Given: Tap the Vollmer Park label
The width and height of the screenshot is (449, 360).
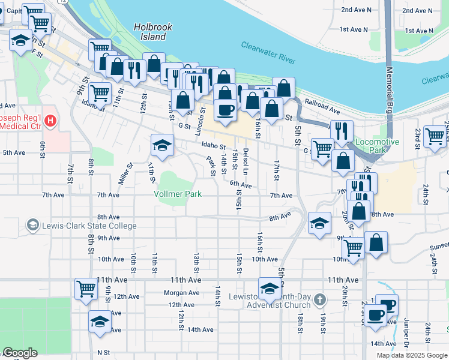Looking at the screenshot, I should [177, 194].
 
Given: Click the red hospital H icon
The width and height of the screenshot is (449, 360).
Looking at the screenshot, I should [51, 121].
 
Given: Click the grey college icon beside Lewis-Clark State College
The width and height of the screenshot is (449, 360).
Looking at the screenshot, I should [33, 226].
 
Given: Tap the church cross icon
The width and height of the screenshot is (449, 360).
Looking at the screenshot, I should [321, 298].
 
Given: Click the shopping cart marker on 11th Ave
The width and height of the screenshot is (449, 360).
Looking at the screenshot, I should [86, 289].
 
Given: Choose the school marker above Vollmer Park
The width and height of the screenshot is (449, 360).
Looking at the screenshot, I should [162, 145].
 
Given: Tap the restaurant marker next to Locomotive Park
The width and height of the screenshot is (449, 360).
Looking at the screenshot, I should [341, 130].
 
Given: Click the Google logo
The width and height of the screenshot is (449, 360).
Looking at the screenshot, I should [20, 353].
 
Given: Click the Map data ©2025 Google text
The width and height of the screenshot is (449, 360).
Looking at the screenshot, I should [412, 355].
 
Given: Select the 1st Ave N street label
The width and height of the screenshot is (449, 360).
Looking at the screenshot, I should [353, 29].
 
